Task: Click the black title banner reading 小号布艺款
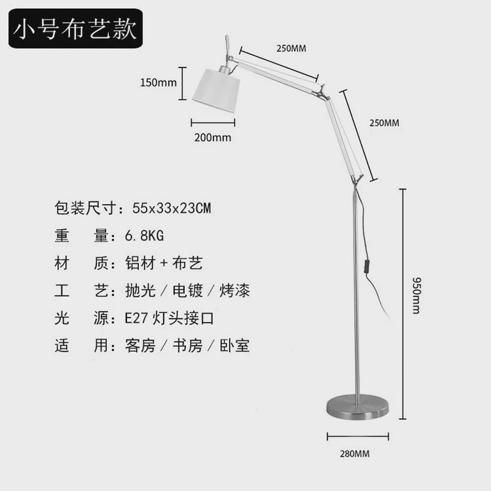75,28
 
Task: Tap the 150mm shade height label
158,83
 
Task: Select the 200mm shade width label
213,137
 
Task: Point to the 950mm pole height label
417,295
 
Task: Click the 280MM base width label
355,454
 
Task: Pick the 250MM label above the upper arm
291,48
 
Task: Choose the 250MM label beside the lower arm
384,123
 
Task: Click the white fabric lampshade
216,90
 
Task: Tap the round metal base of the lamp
358,408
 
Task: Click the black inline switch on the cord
366,267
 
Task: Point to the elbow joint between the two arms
322,91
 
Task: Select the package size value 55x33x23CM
172,208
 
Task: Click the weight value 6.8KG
144,236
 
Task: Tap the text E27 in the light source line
136,319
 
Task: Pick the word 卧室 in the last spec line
234,346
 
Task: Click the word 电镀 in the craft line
188,290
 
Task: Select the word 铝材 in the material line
141,263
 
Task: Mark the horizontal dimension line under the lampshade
213,123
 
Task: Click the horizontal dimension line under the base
358,436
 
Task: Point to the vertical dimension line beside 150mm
182,83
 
